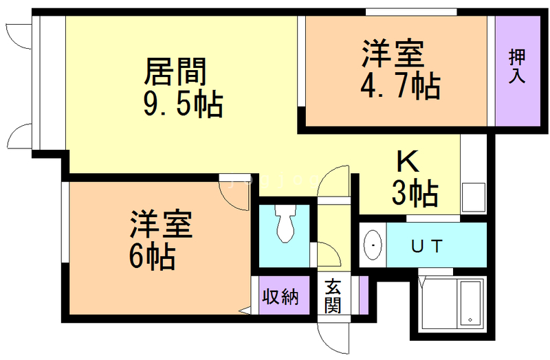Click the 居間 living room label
point(175,72)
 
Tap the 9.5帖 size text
point(183,104)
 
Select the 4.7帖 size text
point(401,86)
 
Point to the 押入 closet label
point(517,66)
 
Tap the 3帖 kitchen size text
point(415,193)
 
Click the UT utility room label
point(427,247)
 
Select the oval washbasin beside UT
point(373,245)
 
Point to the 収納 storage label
point(280,297)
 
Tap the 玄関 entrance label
point(333,296)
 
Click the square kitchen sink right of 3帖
point(474,197)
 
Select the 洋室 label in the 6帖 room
point(162,225)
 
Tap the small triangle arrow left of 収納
point(245,311)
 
